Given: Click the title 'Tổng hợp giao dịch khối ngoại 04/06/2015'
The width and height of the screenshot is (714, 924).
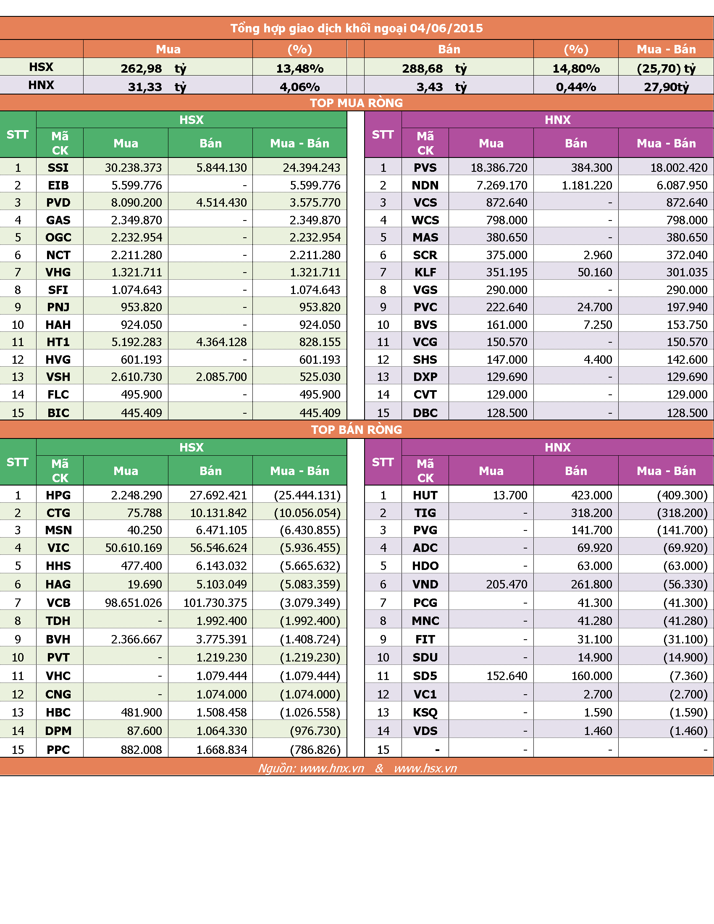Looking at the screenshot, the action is coord(357,28).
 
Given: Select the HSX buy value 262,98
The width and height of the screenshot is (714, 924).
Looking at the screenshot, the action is coord(141,68).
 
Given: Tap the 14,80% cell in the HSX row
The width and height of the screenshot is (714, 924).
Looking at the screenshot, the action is coord(576,68).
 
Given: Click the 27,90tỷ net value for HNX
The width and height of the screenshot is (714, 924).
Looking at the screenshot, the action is coord(666,87).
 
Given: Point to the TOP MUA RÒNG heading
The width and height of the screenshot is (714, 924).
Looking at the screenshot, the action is coord(357,103).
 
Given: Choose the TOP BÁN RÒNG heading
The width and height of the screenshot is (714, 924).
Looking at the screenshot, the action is coord(357,430).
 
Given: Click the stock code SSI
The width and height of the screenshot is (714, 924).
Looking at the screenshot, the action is coord(58,168).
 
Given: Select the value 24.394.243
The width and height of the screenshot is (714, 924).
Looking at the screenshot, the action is coord(311,168).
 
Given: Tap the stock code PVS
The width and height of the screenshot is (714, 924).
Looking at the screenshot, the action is coord(425,168).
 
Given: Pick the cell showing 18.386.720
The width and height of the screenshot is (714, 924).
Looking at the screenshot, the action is coord(499,168).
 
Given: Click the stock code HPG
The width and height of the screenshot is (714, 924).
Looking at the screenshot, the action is coord(58,496).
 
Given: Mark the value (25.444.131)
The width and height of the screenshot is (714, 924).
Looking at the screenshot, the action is coord(307,496).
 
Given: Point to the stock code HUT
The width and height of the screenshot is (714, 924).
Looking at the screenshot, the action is coord(425,496).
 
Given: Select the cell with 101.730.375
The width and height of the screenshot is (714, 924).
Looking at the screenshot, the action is coord(215,603).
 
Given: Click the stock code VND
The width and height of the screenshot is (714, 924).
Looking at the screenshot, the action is coord(425,585).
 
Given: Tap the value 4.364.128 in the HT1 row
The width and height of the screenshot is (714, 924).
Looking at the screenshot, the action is coord(221,342).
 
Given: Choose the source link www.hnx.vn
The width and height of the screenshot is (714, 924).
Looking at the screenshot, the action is coord(332,768).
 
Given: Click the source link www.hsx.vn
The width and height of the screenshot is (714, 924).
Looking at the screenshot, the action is coord(425,768).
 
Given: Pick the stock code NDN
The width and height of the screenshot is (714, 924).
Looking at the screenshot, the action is coord(425,185).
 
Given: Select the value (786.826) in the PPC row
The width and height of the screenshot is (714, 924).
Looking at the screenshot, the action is coord(315,750).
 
